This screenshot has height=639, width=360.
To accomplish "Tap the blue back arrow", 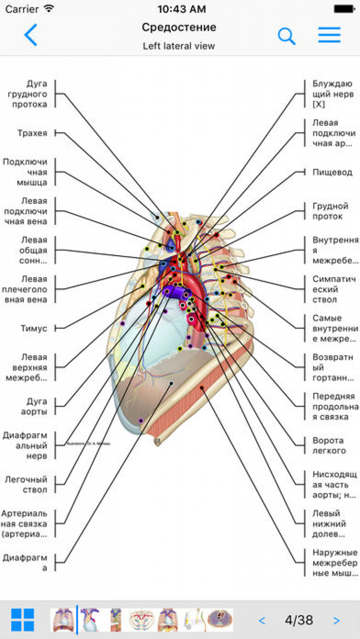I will (x=31, y=35).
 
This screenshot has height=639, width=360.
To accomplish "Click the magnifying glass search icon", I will (x=287, y=36).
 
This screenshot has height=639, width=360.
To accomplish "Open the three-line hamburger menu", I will (x=329, y=35).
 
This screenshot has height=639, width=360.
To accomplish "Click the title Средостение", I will (x=179, y=27).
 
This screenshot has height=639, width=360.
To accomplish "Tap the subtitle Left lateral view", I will (x=179, y=46).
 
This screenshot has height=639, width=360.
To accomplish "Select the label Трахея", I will (x=33, y=133).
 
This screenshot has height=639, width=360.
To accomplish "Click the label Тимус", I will (x=34, y=328).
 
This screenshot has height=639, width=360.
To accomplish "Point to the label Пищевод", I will (x=332, y=172).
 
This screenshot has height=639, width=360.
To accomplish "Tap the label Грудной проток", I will (x=330, y=211).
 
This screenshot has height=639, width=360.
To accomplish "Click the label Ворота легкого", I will (x=329, y=446).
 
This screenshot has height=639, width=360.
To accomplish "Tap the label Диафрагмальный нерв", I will (x=25, y=446).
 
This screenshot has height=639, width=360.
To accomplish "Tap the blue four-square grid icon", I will (x=23, y=620).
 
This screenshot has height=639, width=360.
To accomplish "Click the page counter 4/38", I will (x=299, y=620).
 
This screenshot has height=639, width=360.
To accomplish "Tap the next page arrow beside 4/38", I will (x=336, y=621).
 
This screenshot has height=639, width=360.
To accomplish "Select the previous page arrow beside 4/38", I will (x=262, y=621).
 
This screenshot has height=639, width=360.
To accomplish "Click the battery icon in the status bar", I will (x=344, y=9).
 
